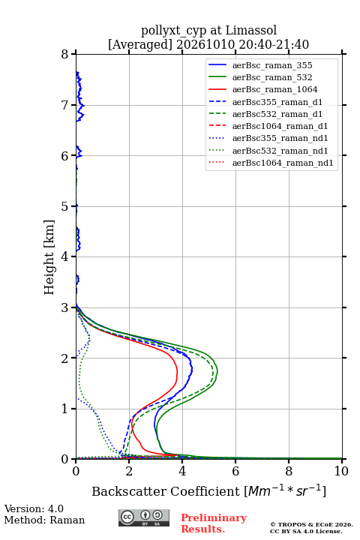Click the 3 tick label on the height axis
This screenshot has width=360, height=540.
pos(65,307)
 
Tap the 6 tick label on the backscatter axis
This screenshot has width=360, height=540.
pos(235,471)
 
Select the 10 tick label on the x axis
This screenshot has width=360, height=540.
pos(342,471)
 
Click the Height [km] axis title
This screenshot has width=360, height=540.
pos(49,257)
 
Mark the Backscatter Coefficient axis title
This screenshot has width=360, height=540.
pos(208,491)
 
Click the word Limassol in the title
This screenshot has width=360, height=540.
pos(251,31)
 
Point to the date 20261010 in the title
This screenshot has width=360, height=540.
pos(205,44)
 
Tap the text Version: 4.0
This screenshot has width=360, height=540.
pos(34,508)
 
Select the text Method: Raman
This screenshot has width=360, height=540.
pos(44,520)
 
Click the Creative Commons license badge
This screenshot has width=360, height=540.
pos(144,517)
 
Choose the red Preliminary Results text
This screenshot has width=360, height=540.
pos(214,523)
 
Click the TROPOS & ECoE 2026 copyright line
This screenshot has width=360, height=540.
pos(311,524)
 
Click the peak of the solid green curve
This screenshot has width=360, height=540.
pos(217,371)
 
